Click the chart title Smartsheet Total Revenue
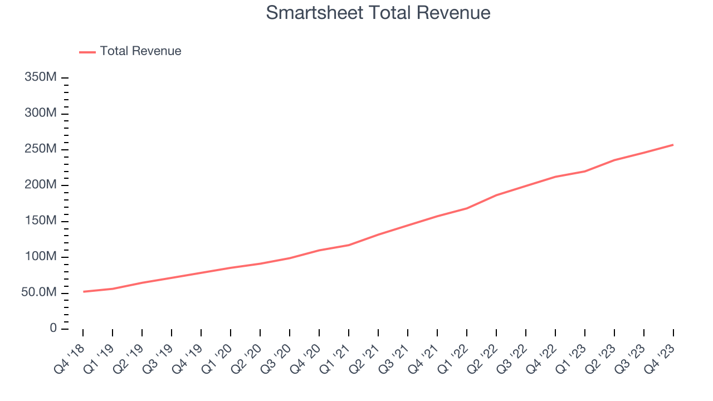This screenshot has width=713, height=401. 378,13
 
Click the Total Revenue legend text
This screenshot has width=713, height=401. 140,51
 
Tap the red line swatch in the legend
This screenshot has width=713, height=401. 87,52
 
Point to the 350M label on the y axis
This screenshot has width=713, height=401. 41,77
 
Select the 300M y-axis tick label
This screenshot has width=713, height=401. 41,114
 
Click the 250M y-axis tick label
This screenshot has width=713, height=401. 41,149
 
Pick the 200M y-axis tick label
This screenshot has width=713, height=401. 41,185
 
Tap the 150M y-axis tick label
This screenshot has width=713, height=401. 41,221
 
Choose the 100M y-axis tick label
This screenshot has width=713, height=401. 41,257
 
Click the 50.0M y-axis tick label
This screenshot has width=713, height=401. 39,293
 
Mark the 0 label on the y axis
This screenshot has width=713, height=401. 53,329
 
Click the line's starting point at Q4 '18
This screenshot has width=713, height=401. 84,291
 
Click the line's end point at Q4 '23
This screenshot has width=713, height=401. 673,145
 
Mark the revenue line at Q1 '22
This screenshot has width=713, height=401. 467,208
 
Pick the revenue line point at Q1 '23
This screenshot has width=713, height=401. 584,171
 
